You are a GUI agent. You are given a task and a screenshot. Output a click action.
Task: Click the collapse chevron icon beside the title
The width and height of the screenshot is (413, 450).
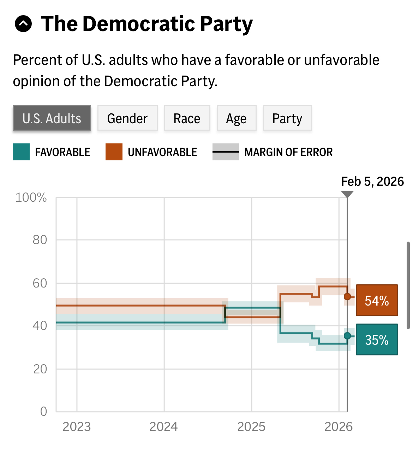tap(23, 24)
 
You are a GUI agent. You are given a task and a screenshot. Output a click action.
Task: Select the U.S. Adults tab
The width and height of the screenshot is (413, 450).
tap(52, 118)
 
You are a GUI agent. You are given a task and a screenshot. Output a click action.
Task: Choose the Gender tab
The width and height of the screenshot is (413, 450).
tap(127, 118)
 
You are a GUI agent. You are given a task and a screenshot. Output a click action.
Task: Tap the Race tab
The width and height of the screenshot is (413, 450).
tap(187, 118)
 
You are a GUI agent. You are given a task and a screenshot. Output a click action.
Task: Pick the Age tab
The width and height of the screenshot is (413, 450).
tap(237, 118)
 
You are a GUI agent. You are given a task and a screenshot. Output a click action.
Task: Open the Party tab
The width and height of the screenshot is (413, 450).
tap(287, 118)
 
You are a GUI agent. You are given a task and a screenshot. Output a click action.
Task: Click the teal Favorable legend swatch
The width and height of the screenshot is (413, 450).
tap(21, 152)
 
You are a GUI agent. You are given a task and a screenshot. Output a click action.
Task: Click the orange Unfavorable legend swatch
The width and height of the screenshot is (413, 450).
tap(114, 152)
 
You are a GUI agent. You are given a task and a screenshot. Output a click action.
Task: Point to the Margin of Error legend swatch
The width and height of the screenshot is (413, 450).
tap(226, 152)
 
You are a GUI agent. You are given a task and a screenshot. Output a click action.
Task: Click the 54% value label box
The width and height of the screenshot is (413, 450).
tap(377, 300)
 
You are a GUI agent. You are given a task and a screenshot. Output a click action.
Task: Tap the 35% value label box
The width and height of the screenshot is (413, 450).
tap(377, 339)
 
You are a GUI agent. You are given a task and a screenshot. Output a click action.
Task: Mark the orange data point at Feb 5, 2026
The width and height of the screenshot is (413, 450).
tap(347, 296)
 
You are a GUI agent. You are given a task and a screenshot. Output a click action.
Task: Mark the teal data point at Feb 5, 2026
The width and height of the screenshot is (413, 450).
tap(347, 336)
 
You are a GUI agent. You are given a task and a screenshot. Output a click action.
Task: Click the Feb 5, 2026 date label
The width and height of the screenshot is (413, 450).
tap(372, 182)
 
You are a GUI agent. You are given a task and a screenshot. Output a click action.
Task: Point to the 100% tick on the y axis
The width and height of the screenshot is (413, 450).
tap(31, 197)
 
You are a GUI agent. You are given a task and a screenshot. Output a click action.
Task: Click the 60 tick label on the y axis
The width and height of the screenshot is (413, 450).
tap(40, 283)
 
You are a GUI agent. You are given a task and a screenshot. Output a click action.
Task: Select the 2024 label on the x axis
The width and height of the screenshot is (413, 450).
tap(163, 427)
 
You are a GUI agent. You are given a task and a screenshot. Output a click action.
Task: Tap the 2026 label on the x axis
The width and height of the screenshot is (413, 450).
tap(339, 427)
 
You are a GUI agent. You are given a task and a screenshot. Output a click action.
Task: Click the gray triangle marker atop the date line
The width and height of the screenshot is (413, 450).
tap(347, 195)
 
